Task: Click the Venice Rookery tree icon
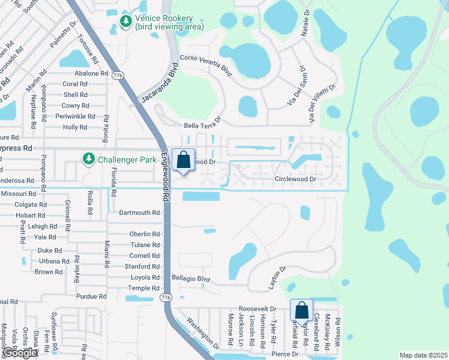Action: coord(125,22)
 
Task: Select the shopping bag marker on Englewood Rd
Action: coord(184,160)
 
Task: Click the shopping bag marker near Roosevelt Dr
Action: coord(301,311)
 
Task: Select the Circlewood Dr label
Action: coord(295,179)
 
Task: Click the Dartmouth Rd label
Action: coord(139,212)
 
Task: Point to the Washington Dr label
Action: coord(199,331)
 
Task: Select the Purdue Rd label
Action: coord(91,296)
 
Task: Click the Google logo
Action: coord(20,353)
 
